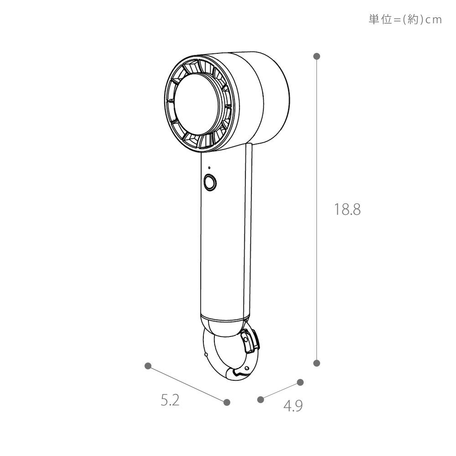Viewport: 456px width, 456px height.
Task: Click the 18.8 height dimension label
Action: [x=347, y=209]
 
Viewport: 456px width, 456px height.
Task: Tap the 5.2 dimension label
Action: [x=170, y=400]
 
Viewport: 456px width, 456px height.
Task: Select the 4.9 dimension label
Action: [x=293, y=406]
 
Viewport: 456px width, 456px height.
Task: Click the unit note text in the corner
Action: [x=405, y=20]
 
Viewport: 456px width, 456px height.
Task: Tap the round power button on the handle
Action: [x=210, y=183]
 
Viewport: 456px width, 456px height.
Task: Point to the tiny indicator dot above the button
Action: [x=209, y=168]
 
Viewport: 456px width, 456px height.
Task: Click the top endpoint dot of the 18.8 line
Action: [x=317, y=57]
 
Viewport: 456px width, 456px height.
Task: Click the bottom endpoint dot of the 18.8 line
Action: [x=317, y=363]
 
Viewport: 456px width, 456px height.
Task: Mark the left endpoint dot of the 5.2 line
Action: [x=148, y=366]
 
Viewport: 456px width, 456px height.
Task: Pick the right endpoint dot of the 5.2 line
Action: [x=227, y=402]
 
